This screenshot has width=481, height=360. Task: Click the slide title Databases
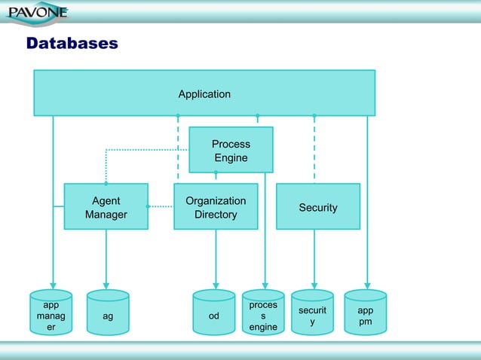click(72, 44)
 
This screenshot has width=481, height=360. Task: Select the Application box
click(204, 93)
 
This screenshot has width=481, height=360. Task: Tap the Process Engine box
click(231, 150)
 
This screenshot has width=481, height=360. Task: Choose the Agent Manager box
click(106, 207)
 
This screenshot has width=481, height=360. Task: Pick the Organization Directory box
click(216, 207)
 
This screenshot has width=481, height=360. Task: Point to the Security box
click(317, 207)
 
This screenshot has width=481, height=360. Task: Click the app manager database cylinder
click(51, 315)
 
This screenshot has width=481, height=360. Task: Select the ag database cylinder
click(108, 315)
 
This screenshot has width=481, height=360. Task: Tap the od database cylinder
click(214, 315)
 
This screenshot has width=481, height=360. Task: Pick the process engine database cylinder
click(263, 315)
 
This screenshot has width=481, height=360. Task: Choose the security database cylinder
click(312, 315)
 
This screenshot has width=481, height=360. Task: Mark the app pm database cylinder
click(366, 315)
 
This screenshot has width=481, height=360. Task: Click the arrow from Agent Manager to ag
click(106, 260)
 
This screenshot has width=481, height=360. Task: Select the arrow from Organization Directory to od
click(216, 260)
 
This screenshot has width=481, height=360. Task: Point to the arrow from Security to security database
click(314, 260)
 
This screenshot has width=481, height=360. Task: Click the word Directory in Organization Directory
click(216, 215)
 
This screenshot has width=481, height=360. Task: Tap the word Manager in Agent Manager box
click(106, 215)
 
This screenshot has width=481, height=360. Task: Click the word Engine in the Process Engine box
click(231, 157)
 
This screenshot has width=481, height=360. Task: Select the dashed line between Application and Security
click(314, 151)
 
